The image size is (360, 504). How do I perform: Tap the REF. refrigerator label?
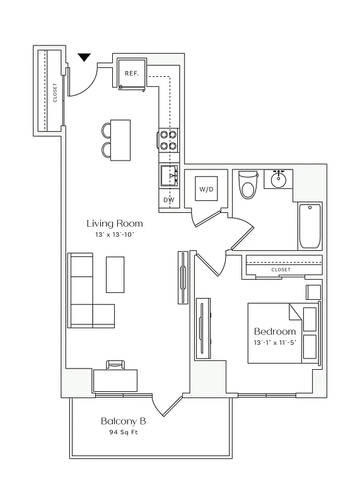click(x=131, y=73)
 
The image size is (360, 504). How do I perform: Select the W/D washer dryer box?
click(x=206, y=189)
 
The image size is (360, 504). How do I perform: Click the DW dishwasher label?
click(x=168, y=200)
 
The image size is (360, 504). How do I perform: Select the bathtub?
click(x=310, y=226)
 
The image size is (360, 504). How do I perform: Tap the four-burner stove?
click(x=168, y=140)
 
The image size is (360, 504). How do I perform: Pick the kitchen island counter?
click(x=120, y=140)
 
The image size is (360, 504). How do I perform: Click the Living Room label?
click(x=114, y=223)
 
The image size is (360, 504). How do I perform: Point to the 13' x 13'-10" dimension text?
click(x=114, y=234)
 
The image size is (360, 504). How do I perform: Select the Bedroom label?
click(x=275, y=331)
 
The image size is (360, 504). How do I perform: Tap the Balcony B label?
click(x=125, y=421)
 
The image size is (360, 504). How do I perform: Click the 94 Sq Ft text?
click(x=125, y=433)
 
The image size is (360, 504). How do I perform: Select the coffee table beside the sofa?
click(x=115, y=274)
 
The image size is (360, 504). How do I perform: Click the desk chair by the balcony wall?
click(x=115, y=364)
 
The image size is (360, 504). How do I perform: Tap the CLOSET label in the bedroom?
click(x=281, y=270)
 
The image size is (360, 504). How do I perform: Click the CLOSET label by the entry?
click(x=55, y=92)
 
